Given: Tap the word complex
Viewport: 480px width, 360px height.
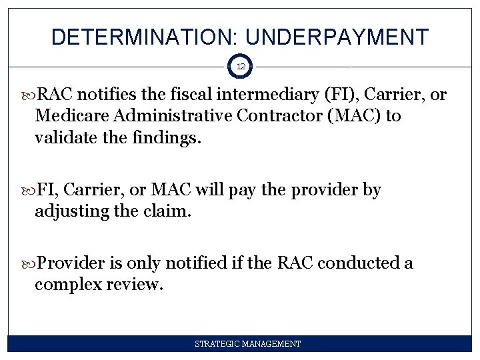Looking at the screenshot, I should [x=64, y=285].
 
